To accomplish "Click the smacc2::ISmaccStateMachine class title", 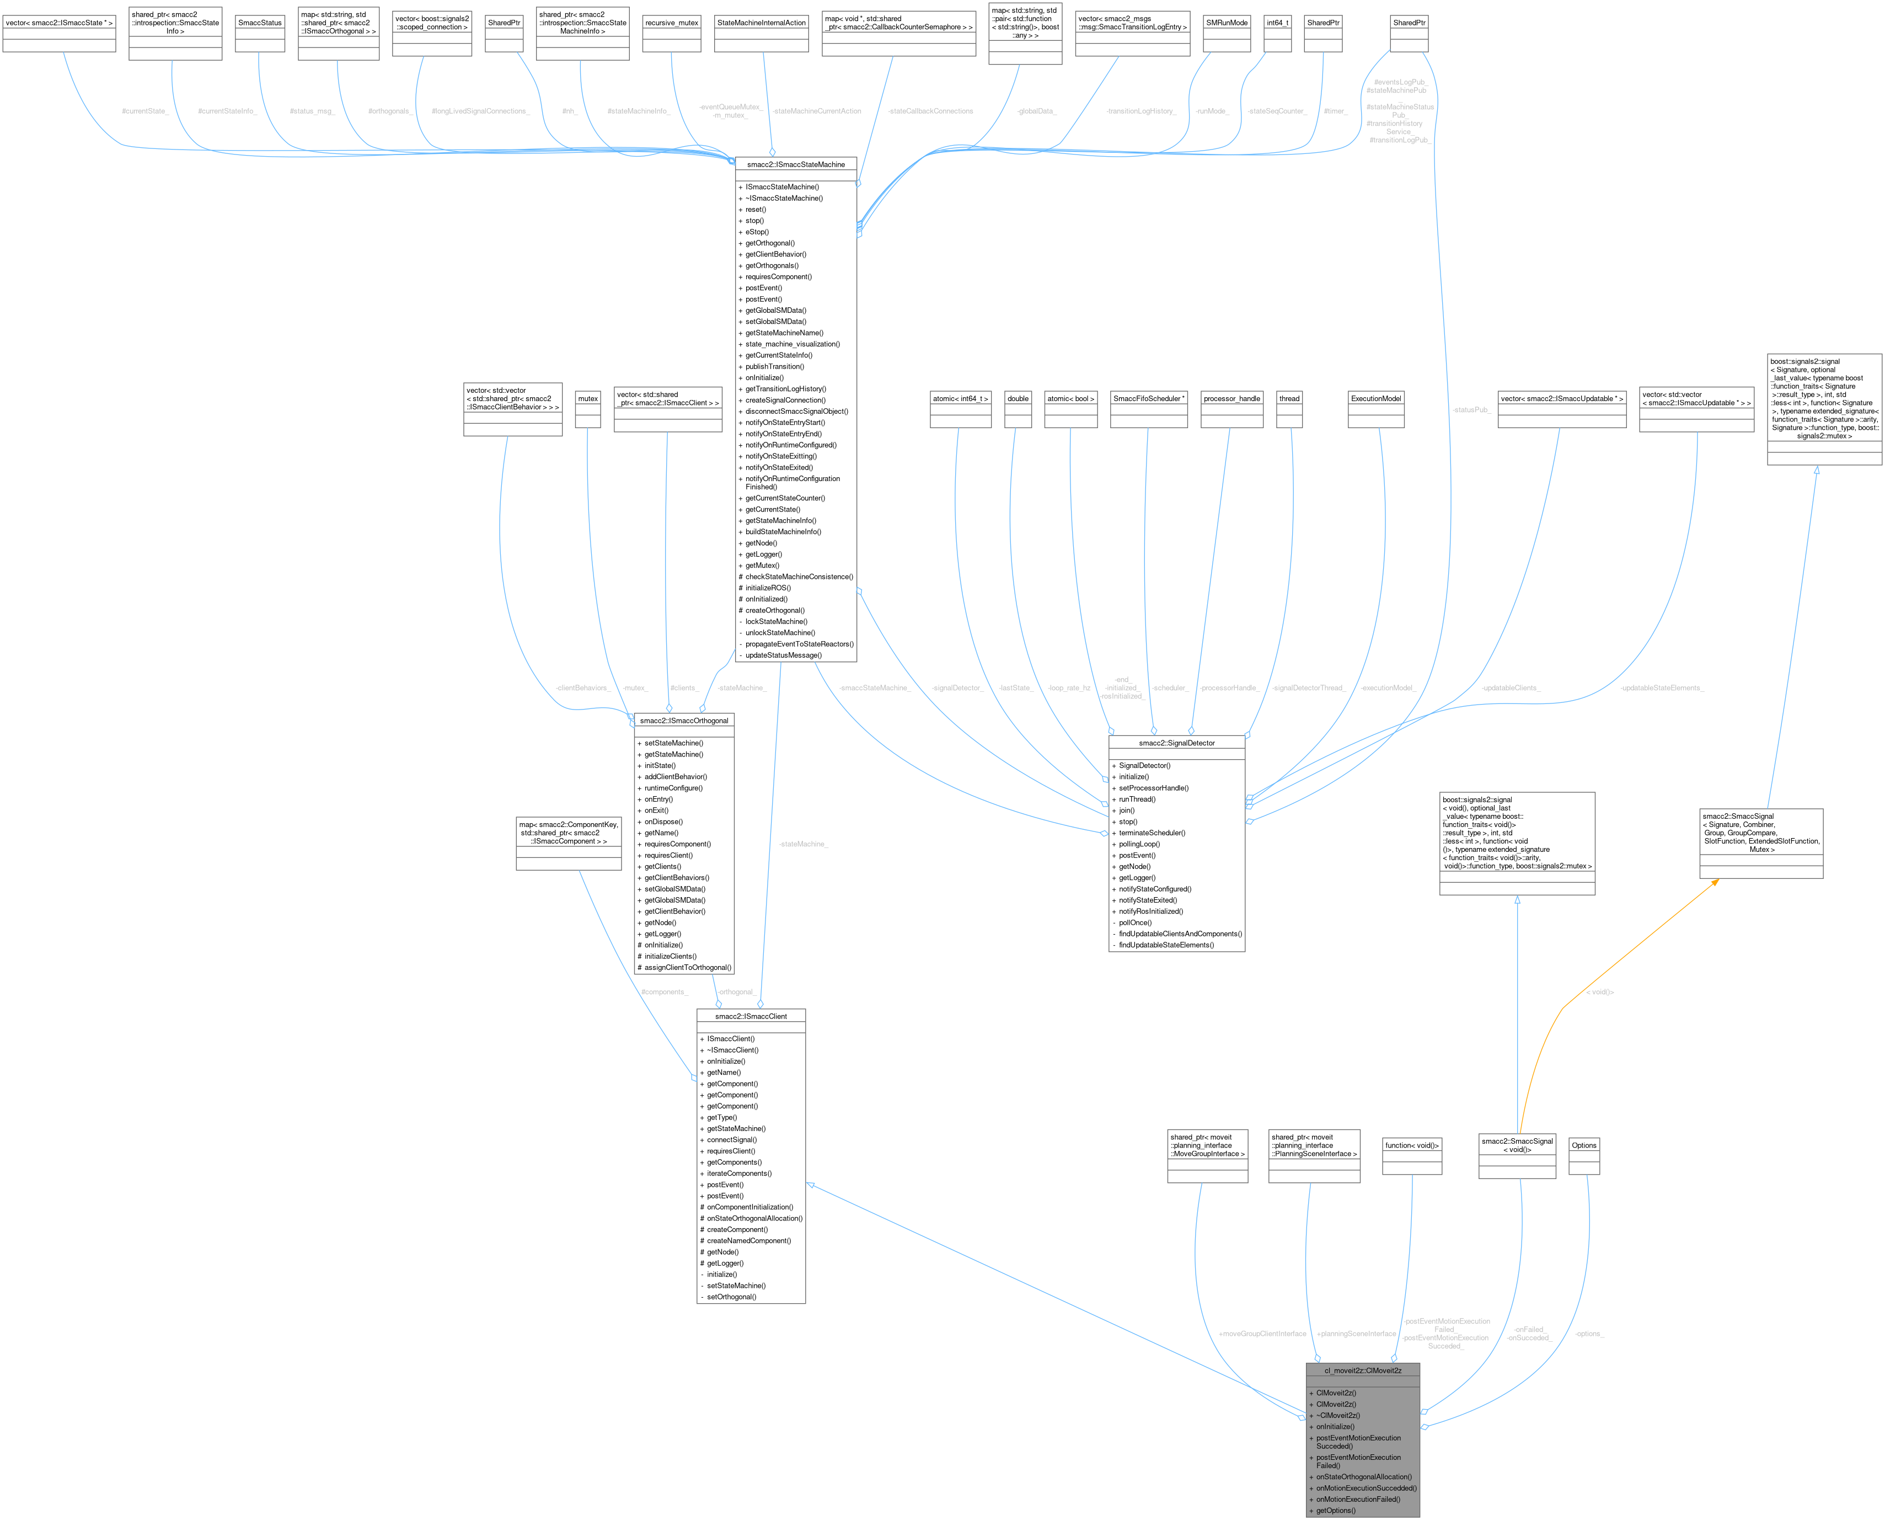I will tap(795, 164).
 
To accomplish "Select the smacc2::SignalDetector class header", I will tap(1176, 743).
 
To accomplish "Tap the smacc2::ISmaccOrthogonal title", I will tap(683, 721).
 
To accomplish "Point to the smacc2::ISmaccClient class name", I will tap(751, 1016).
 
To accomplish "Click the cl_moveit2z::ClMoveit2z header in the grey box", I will tap(1363, 1370).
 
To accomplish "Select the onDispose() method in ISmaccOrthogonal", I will tap(663, 822).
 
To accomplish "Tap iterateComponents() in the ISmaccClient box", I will tap(738, 1174).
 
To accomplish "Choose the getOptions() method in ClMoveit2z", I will tap(1335, 1511).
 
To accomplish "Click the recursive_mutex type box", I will tap(671, 23).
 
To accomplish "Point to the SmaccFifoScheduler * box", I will tap(1148, 398).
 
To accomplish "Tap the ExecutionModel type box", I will tap(1375, 398).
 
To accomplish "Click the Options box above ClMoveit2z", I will tap(1584, 1145).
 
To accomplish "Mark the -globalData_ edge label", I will tap(1036, 111).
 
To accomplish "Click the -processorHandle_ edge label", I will tap(1229, 688).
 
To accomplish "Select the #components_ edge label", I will tap(664, 992).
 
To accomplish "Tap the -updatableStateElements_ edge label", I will tap(1661, 688).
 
